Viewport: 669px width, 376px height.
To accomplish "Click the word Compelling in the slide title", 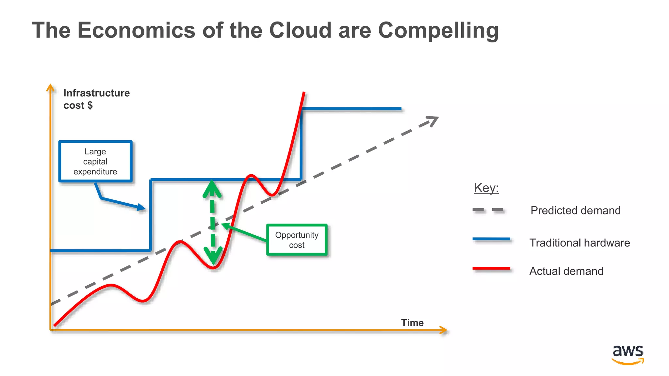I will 438,30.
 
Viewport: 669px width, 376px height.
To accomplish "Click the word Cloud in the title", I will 300,30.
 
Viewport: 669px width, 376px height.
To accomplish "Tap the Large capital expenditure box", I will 95,162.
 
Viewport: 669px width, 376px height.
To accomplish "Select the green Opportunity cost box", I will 297,240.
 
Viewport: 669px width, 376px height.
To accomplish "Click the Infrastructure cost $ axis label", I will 96,99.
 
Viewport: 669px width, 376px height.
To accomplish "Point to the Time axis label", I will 412,323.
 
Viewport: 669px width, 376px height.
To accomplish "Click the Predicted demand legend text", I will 575,211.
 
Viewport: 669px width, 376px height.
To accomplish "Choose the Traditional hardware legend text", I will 579,243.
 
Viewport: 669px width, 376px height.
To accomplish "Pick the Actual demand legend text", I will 566,271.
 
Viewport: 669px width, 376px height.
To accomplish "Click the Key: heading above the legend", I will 486,188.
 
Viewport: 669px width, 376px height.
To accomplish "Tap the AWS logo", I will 628,354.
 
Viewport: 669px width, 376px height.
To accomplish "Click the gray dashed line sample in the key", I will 488,210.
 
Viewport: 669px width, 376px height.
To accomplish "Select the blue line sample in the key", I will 491,239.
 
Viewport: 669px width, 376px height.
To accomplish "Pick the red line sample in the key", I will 491,269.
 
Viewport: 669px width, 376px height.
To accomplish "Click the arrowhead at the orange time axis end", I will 443,330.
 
